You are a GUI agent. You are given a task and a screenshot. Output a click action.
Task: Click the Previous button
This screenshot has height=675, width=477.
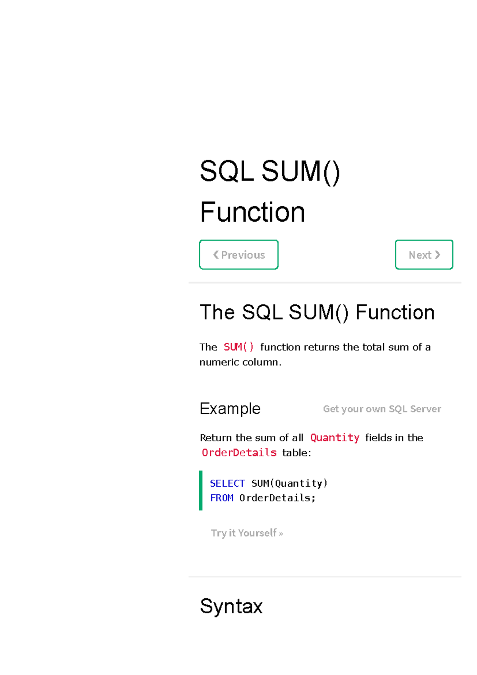pos(238,255)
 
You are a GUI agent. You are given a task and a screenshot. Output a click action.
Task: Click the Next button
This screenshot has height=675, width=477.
pos(424,255)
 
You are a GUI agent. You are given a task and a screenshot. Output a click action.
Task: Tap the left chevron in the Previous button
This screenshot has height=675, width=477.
pos(216,255)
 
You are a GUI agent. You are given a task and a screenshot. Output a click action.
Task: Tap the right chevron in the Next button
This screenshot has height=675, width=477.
pos(438,255)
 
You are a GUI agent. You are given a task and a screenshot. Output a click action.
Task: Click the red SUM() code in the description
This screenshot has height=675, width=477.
pos(238,347)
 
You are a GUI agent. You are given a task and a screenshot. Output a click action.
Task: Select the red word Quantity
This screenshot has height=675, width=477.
pos(335,437)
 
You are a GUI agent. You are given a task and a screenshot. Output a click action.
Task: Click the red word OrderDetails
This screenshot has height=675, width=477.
pos(239,453)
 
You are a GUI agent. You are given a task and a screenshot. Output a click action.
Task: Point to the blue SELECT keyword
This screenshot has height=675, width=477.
pos(227,483)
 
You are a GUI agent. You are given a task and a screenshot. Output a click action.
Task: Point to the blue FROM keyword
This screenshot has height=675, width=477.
pos(221,498)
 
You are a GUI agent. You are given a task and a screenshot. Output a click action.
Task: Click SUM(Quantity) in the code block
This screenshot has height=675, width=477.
pos(289,483)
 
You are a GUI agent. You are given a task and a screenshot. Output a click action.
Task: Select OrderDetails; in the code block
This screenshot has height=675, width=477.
pos(277,498)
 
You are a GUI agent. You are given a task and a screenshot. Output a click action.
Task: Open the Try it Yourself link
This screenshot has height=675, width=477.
pos(247,533)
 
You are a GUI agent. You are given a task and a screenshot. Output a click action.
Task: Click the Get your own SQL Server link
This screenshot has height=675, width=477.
pos(382,409)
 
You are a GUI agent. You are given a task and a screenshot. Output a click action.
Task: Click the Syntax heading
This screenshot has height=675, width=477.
pos(231,606)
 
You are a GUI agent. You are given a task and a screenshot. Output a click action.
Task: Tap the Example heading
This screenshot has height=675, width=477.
pos(230,409)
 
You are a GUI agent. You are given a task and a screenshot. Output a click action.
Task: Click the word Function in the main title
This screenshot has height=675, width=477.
pos(252,212)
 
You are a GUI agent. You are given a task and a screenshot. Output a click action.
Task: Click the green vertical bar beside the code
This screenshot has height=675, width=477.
pos(201,490)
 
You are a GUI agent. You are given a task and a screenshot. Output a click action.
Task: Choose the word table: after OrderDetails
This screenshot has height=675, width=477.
pos(297,453)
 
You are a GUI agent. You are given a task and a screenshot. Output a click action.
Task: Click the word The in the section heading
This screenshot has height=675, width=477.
pos(217,312)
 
